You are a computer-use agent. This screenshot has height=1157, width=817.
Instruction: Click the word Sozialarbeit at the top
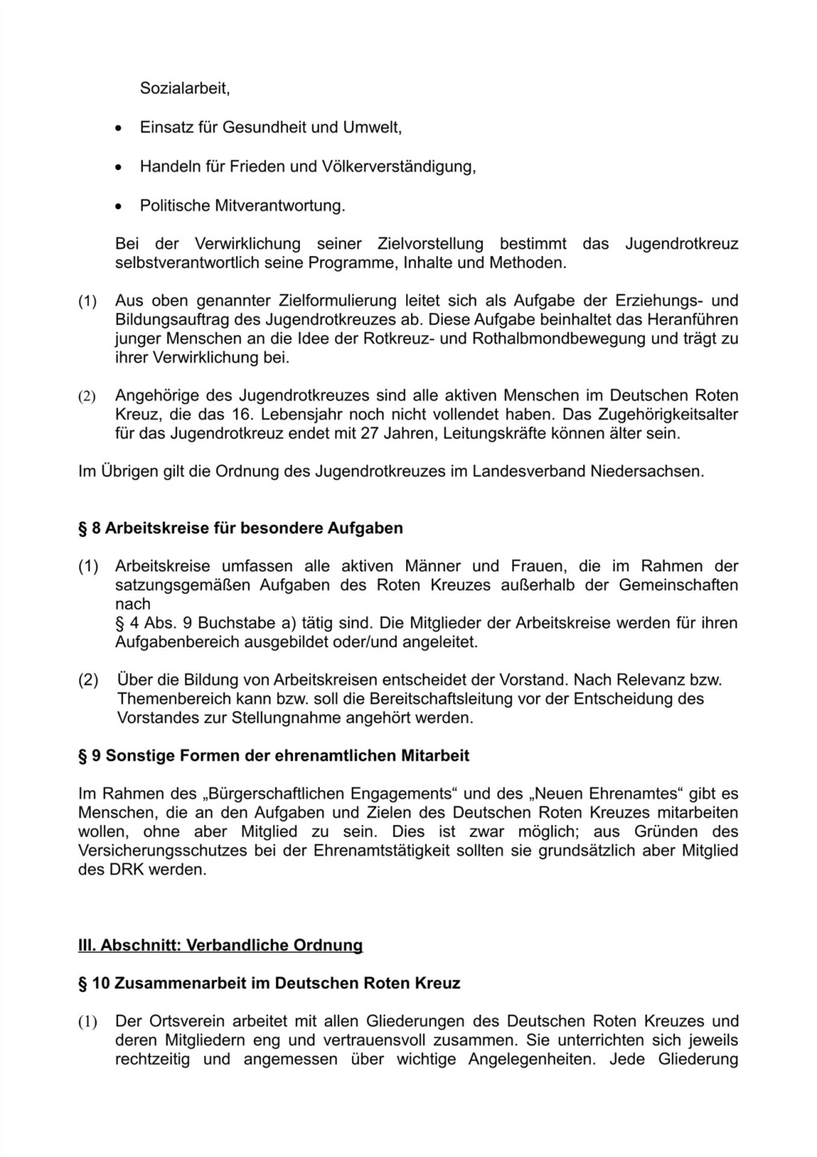(x=184, y=89)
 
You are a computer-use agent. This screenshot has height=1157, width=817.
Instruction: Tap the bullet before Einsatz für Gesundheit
(x=119, y=128)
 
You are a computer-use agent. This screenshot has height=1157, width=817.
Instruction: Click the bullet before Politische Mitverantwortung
(x=119, y=207)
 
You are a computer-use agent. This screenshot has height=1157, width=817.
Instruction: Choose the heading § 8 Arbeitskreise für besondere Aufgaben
(x=240, y=527)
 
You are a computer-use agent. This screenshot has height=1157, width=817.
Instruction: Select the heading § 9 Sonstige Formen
(x=274, y=755)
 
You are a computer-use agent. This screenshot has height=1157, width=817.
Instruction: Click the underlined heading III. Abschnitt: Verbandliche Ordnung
(x=220, y=945)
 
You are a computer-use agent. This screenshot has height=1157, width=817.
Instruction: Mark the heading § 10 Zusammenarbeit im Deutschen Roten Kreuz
(x=269, y=983)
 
